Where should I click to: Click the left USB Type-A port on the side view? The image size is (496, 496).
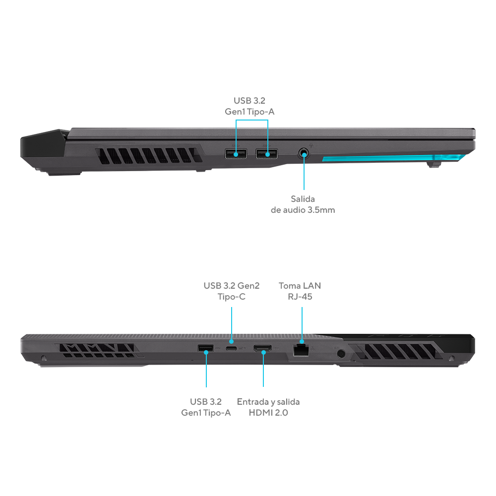(x=236, y=154)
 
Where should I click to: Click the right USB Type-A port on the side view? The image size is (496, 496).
(x=267, y=154)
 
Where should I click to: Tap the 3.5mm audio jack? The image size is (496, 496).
(x=304, y=154)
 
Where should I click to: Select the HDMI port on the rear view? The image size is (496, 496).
(x=262, y=349)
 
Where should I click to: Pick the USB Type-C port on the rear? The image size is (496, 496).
(x=232, y=349)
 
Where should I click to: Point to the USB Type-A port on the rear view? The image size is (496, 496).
(x=206, y=348)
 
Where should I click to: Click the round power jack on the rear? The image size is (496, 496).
(x=341, y=353)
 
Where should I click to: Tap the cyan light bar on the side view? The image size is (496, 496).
(x=394, y=158)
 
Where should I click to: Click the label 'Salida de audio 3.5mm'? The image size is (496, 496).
(x=303, y=204)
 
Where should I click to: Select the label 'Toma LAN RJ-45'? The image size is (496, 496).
(x=300, y=291)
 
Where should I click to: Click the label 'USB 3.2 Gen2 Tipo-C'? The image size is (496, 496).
(x=232, y=291)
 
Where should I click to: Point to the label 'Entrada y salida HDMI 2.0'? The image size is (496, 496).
(x=268, y=407)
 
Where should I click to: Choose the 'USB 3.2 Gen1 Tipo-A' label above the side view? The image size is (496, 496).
(x=249, y=106)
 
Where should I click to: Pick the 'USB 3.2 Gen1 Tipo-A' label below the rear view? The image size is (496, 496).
(x=206, y=407)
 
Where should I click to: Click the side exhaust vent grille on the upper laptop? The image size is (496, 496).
(x=149, y=155)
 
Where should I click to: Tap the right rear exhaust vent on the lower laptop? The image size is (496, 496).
(x=396, y=352)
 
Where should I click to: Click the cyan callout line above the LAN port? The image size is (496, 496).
(x=302, y=324)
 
